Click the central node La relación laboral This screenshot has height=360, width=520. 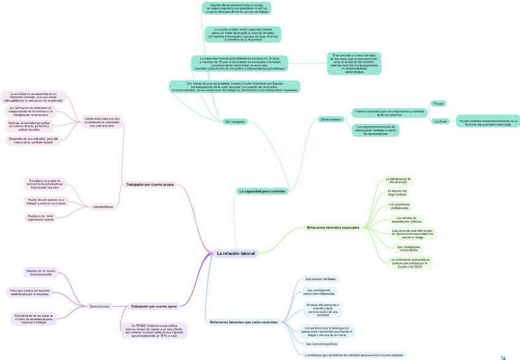click(x=236, y=253)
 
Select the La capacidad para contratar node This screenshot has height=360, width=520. click(x=262, y=191)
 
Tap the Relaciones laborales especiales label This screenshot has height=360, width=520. click(x=333, y=228)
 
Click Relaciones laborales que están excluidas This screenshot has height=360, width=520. click(x=243, y=322)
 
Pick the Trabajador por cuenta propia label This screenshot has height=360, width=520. click(x=150, y=184)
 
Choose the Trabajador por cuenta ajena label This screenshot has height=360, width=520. click(x=153, y=305)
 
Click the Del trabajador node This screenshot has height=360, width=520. click(x=235, y=121)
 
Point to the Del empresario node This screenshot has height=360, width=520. click(x=331, y=118)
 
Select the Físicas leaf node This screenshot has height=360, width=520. click(x=438, y=103)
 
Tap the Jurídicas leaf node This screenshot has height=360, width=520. click(x=440, y=121)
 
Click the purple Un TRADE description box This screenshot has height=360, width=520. click(x=155, y=330)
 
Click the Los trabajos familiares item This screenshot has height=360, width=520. click(x=320, y=279)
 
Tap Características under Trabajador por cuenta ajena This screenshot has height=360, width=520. click(x=99, y=305)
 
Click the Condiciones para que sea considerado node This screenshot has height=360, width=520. click(x=103, y=121)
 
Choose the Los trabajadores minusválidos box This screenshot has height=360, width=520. click(x=405, y=248)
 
